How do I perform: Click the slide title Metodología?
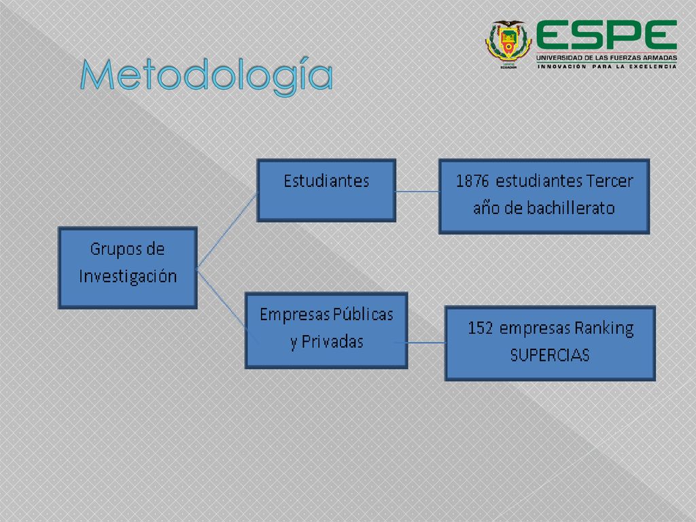click(x=207, y=75)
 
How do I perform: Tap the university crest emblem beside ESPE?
click(x=508, y=44)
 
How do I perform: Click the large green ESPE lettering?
click(x=606, y=35)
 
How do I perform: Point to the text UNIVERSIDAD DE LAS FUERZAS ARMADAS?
click(x=606, y=58)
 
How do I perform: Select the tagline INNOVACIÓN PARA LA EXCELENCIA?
click(x=607, y=67)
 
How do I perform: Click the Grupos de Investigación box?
click(x=128, y=268)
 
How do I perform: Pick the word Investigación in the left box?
click(x=128, y=277)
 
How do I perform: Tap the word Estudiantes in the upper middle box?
click(x=326, y=181)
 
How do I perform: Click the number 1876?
click(x=472, y=181)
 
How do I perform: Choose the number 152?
click(x=481, y=328)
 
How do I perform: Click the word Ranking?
click(x=604, y=329)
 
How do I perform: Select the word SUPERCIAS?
click(x=550, y=355)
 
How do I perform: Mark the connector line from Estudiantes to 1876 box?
click(x=417, y=192)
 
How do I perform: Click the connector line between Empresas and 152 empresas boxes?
click(x=427, y=343)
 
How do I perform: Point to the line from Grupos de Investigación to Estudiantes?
click(x=227, y=230)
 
